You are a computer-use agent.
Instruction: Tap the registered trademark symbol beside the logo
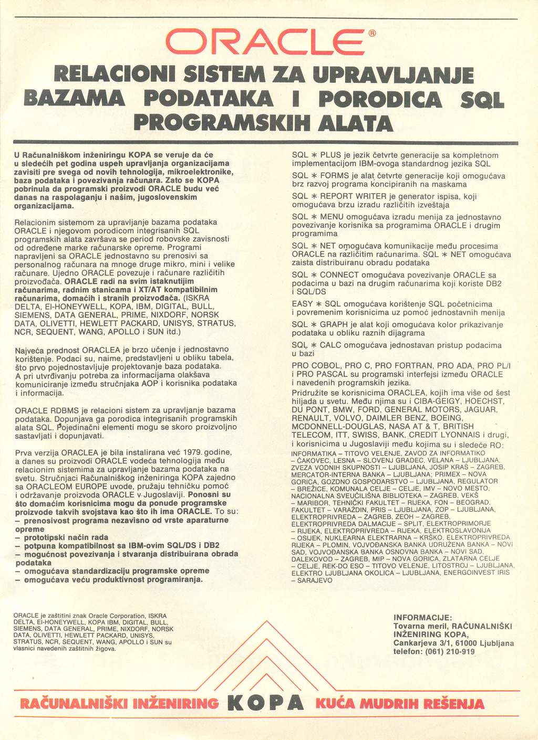(x=372, y=35)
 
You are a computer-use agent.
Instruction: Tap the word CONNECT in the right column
(x=339, y=274)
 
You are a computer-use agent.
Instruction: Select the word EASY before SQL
(x=303, y=303)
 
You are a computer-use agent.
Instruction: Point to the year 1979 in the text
(x=191, y=452)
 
